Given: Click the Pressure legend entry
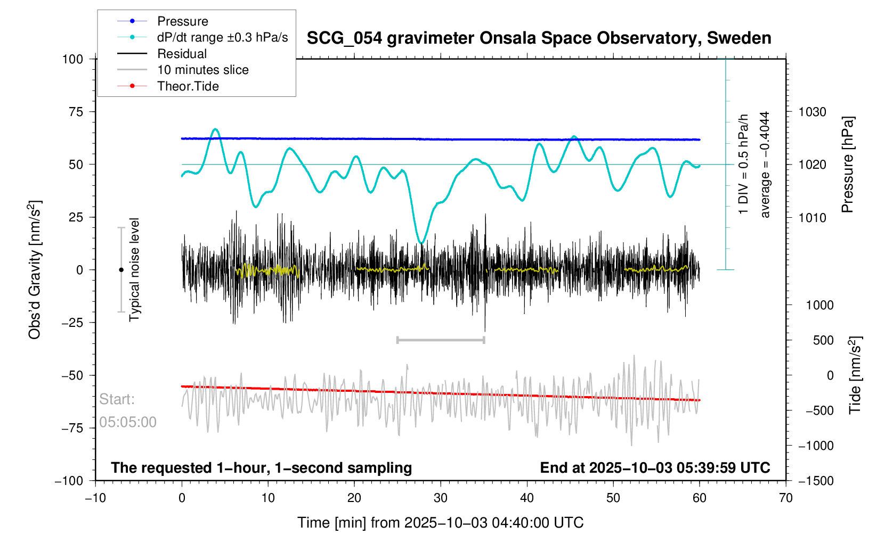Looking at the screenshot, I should click(182, 21).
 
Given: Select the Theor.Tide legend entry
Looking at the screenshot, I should click(188, 86).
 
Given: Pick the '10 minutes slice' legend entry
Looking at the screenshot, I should click(202, 70).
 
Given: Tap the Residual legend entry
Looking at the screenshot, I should click(182, 54).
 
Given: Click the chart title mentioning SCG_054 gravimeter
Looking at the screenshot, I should click(539, 38).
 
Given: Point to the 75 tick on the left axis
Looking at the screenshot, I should click(72, 112).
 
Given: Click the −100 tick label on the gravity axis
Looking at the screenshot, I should click(69, 481).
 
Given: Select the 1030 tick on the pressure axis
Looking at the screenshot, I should click(812, 112).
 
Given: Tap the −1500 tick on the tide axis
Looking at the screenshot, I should click(815, 481).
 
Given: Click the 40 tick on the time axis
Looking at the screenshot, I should click(527, 498).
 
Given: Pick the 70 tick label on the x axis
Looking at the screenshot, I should click(785, 498).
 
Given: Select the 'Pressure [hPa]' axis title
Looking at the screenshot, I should click(847, 164).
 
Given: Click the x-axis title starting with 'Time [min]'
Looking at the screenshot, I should click(440, 523).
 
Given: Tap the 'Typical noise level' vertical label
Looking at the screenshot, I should click(134, 270).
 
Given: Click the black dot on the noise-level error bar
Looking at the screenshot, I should click(121, 270).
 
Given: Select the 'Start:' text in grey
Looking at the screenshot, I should click(117, 399).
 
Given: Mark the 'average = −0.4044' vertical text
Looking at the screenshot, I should click(765, 164).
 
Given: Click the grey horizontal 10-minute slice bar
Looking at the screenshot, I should click(441, 340).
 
